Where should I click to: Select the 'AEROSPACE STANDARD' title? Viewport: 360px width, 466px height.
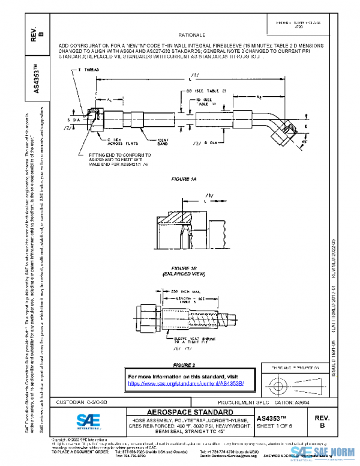coord(186,412)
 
